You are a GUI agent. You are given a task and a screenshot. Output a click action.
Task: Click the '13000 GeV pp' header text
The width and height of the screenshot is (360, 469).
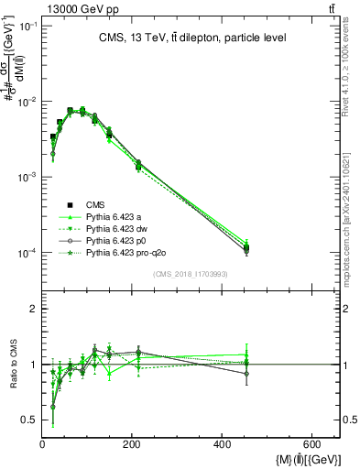click(x=45, y=8)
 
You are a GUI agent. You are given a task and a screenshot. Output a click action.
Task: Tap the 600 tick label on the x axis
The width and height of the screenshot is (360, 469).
click(x=311, y=444)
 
